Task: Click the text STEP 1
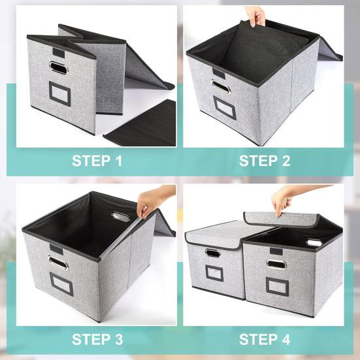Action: click(97, 161)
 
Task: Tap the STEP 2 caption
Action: click(264, 161)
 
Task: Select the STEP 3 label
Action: click(97, 339)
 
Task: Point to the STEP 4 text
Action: click(264, 339)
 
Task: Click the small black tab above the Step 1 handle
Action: click(57, 47)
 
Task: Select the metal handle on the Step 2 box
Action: click(218, 86)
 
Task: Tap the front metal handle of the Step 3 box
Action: click(58, 263)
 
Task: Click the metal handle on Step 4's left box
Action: click(212, 253)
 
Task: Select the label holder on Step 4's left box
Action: click(214, 272)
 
